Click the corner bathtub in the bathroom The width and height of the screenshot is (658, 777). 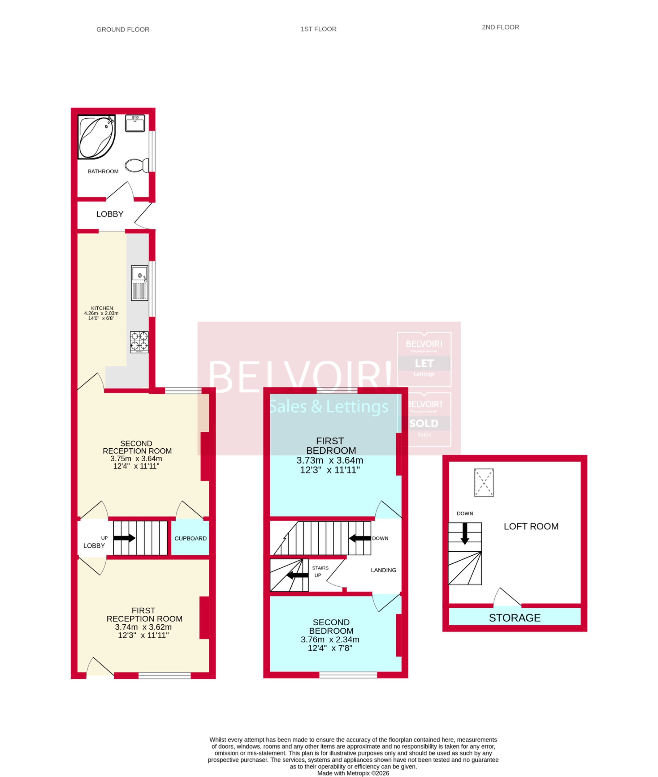click(96, 137)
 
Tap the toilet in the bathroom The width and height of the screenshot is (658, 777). click(137, 165)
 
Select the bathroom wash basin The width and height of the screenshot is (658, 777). click(135, 123)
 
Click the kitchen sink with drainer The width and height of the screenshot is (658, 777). click(140, 283)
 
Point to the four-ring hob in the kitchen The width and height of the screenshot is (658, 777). click(139, 342)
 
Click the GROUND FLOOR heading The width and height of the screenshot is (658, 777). click(123, 30)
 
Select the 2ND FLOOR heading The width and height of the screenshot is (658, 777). click(500, 27)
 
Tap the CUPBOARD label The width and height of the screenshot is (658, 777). click(190, 538)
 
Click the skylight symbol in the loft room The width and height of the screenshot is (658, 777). click(484, 483)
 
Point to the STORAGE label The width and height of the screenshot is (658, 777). click(514, 618)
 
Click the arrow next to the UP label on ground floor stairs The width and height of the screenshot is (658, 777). click(124, 538)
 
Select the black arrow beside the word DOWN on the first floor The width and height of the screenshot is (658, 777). click(360, 538)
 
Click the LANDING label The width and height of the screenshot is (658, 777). click(383, 570)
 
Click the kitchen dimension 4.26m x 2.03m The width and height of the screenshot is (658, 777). click(101, 313)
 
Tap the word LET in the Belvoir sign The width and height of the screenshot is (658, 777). click(424, 363)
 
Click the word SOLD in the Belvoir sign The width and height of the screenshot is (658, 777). click(424, 423)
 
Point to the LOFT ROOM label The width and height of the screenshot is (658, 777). click(531, 526)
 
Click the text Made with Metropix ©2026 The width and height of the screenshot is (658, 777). click(353, 773)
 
